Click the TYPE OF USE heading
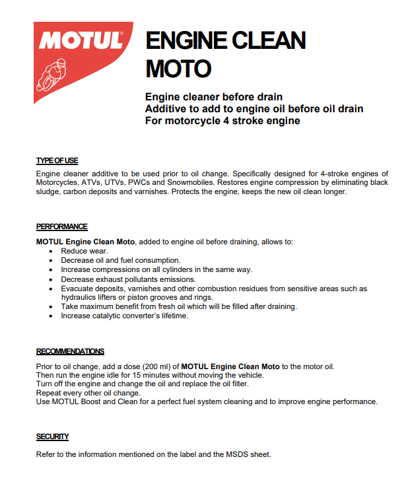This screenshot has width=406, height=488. click(57, 160)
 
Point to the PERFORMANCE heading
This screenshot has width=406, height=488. click(62, 227)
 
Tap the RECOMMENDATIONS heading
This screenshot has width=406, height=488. click(70, 351)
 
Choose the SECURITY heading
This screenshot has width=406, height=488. click(52, 436)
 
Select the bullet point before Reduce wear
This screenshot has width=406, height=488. click(52, 252)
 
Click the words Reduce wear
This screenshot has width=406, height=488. click(84, 252)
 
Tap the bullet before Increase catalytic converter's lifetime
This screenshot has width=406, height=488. click(52, 316)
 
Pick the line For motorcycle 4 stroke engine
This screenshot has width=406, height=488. click(222, 121)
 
